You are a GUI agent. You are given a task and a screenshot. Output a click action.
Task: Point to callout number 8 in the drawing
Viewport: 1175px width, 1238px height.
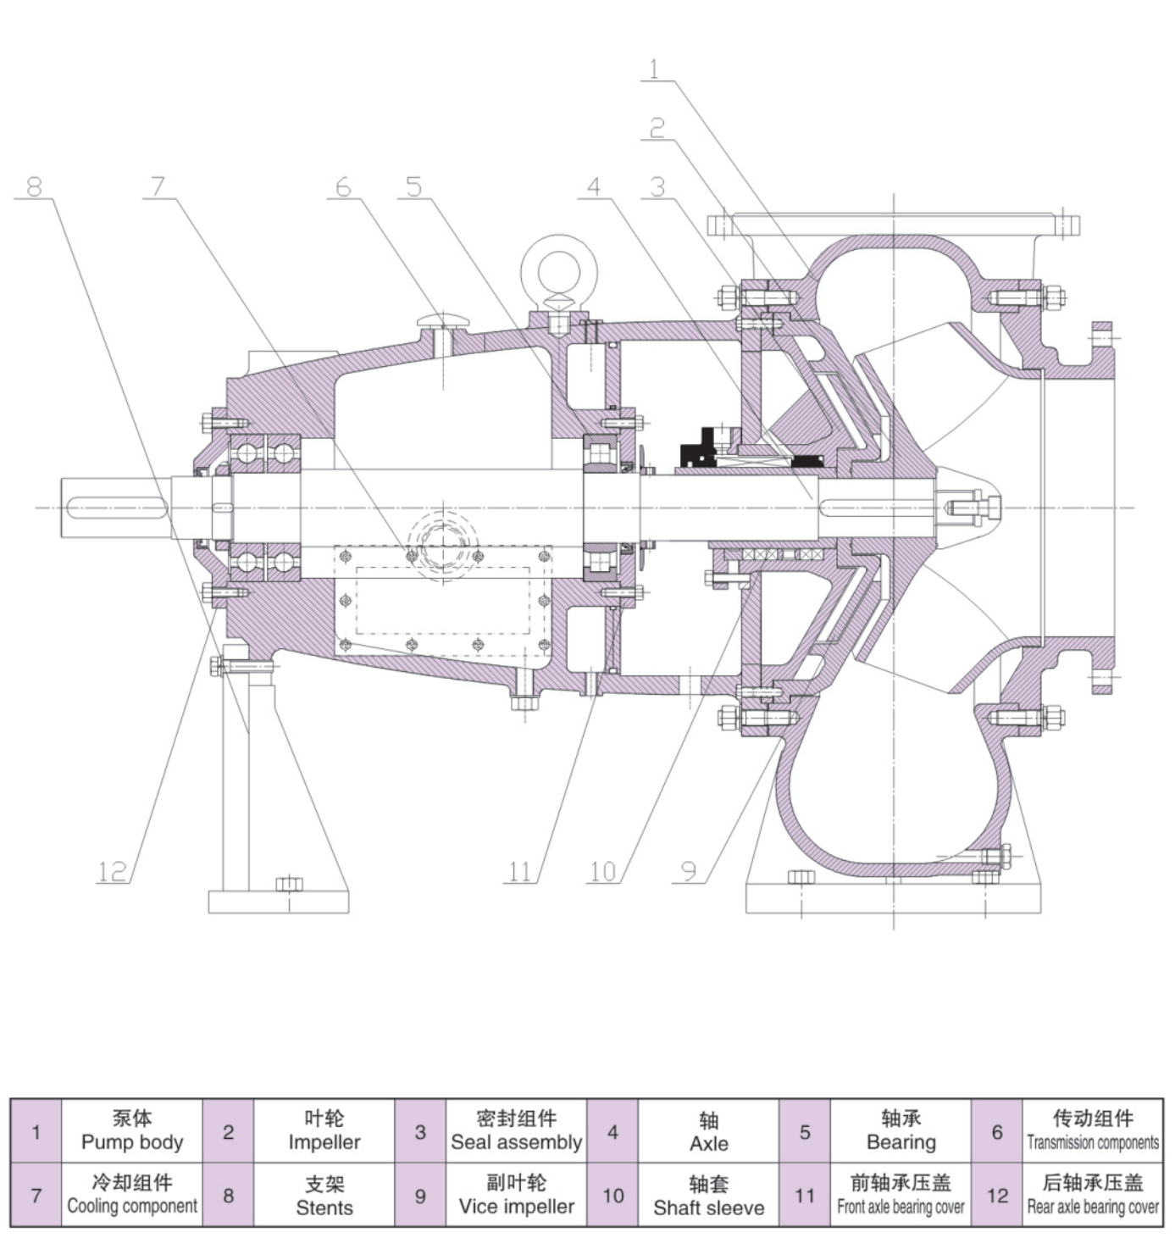tap(35, 186)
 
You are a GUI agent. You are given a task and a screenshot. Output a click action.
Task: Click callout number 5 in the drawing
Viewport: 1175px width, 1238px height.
tap(413, 186)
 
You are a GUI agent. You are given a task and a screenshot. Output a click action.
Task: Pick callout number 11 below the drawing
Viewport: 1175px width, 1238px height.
tap(520, 871)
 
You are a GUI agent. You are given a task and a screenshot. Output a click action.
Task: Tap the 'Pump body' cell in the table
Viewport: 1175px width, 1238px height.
tap(132, 1130)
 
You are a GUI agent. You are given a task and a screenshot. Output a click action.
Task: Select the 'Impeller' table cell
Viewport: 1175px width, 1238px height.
tap(324, 1130)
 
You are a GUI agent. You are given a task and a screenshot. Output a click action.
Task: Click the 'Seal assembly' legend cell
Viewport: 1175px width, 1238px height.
tap(516, 1130)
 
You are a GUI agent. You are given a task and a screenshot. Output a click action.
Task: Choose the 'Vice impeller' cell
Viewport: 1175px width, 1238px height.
tap(516, 1195)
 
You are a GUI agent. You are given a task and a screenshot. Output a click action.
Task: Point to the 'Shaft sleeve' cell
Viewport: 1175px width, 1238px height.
tap(708, 1195)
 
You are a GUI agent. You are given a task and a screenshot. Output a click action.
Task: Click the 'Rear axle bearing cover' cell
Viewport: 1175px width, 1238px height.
tap(1093, 1195)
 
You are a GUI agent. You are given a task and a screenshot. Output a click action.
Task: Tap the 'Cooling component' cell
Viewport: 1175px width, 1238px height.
tap(132, 1195)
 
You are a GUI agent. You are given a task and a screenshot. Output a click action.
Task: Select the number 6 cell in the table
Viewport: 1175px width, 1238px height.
tap(997, 1131)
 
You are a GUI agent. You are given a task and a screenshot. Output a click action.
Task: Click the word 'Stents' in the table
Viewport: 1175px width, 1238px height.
tap(324, 1207)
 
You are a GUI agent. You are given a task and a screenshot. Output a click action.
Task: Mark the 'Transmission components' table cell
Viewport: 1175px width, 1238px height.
tap(1093, 1130)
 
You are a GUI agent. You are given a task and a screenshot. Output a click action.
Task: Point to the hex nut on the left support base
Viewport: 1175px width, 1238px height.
tap(289, 884)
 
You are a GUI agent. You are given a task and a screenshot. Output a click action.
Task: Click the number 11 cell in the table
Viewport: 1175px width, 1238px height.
tap(805, 1196)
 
